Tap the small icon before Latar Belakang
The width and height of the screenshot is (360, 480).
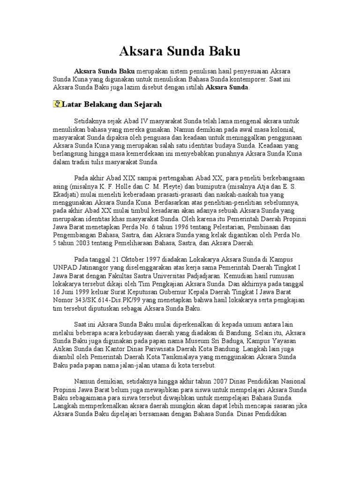tap(58, 104)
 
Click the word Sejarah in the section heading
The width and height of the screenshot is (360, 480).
tap(148, 104)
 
